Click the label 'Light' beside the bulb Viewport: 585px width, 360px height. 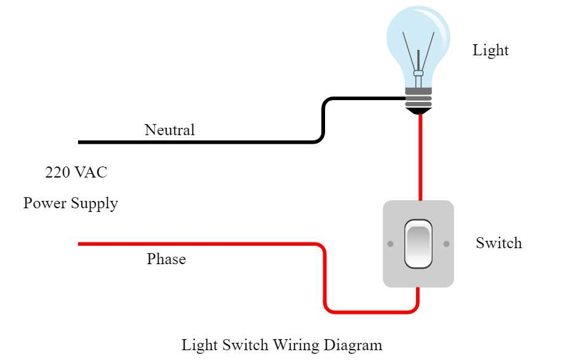490,50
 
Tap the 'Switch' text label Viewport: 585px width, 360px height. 498,243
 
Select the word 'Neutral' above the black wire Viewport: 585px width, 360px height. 169,130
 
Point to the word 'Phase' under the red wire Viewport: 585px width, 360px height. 166,259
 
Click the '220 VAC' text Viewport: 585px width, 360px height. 76,173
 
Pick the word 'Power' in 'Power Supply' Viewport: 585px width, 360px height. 44,203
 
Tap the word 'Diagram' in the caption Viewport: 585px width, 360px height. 353,345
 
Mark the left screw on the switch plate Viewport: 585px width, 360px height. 390,245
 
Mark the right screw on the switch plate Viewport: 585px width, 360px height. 446,245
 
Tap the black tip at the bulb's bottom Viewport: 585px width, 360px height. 418,111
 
